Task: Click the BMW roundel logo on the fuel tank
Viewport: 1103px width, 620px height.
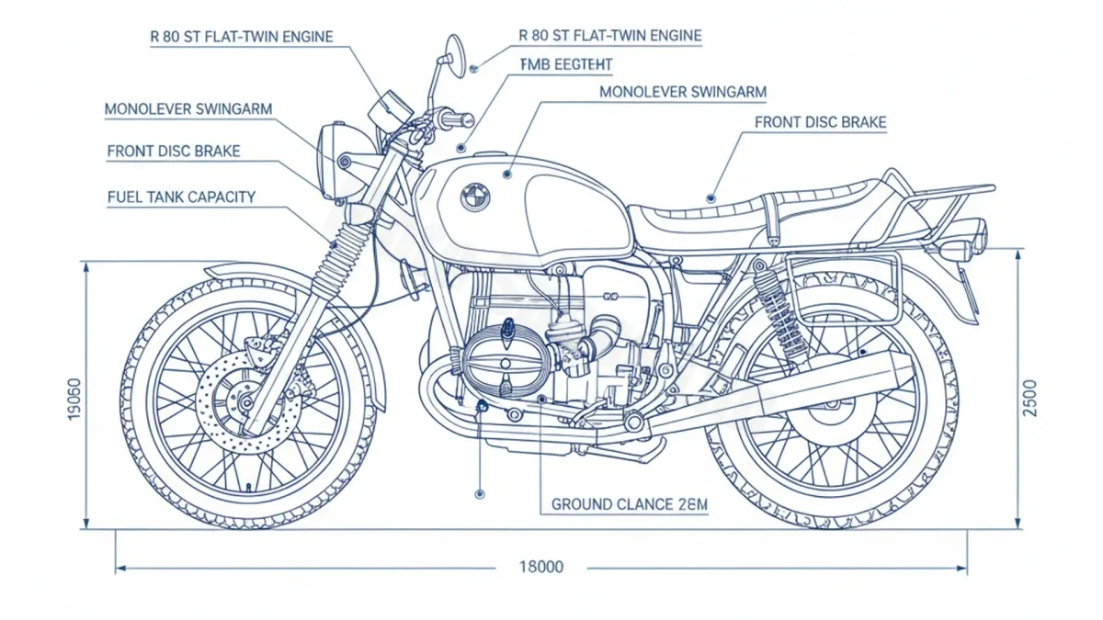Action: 475,195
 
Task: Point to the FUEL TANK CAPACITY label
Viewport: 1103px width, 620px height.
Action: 181,197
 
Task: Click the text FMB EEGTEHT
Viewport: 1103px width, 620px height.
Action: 565,64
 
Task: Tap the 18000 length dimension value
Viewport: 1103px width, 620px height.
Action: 541,567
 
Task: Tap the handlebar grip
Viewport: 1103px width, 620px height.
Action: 454,118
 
